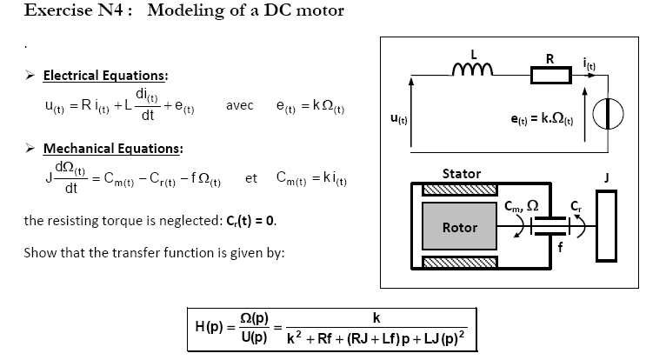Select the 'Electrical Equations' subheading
105,76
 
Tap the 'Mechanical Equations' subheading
112,149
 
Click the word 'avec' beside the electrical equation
239,105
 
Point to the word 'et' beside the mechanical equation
251,179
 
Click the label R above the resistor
549,58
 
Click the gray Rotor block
460,227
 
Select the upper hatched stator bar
459,189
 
